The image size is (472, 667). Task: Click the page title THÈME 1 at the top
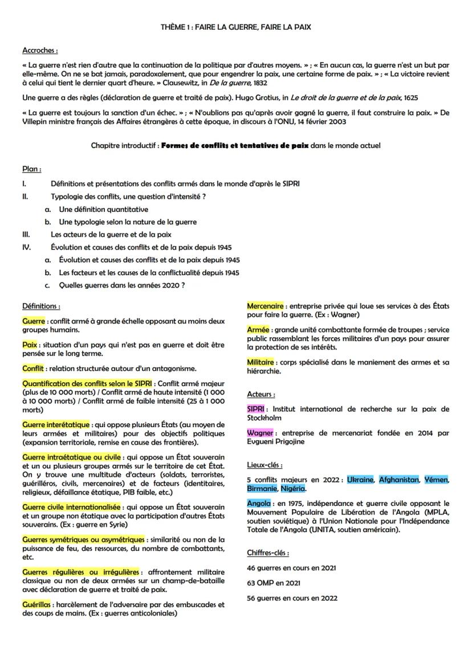click(235, 27)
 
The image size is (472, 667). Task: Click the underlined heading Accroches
click(39, 50)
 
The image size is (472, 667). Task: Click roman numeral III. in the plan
click(26, 234)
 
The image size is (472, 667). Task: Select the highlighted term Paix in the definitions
click(30, 345)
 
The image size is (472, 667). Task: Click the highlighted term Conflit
click(33, 369)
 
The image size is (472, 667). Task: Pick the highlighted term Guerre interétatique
click(55, 424)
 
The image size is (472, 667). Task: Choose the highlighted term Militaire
click(261, 362)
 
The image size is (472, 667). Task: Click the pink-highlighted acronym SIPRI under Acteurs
click(257, 409)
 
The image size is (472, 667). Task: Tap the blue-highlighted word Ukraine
click(360, 480)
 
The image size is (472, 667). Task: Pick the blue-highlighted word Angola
click(259, 504)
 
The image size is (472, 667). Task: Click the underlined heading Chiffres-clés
click(268, 553)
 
